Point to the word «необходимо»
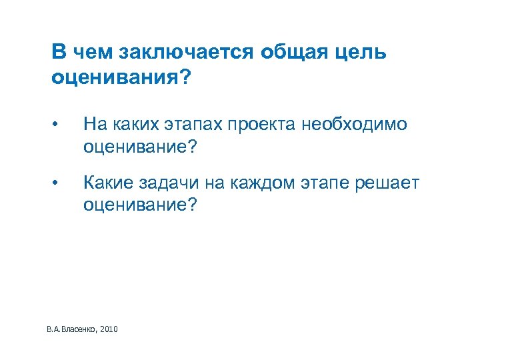tap(353, 125)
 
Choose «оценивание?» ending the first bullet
tap(141, 146)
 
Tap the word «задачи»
tap(173, 183)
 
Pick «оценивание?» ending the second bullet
tap(141, 204)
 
